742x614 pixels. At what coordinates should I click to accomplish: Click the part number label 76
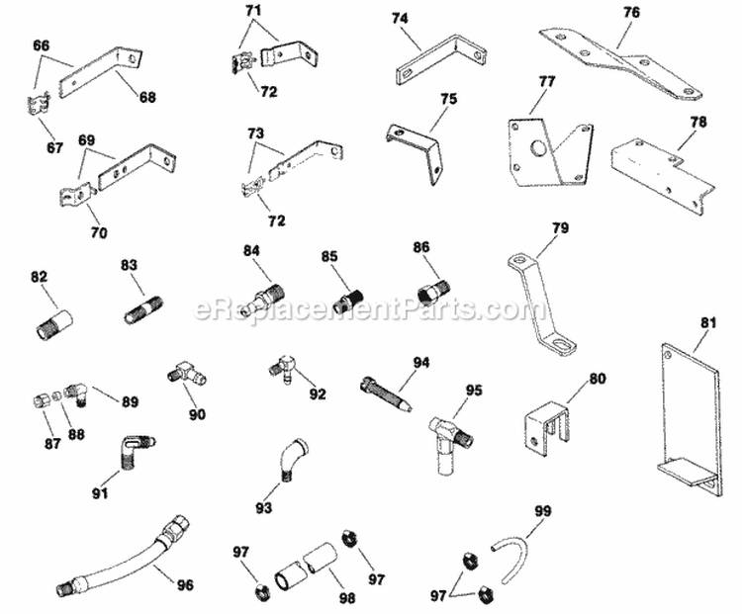(632, 13)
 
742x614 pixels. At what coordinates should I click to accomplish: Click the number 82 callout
(39, 280)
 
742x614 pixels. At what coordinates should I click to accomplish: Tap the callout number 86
(421, 247)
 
